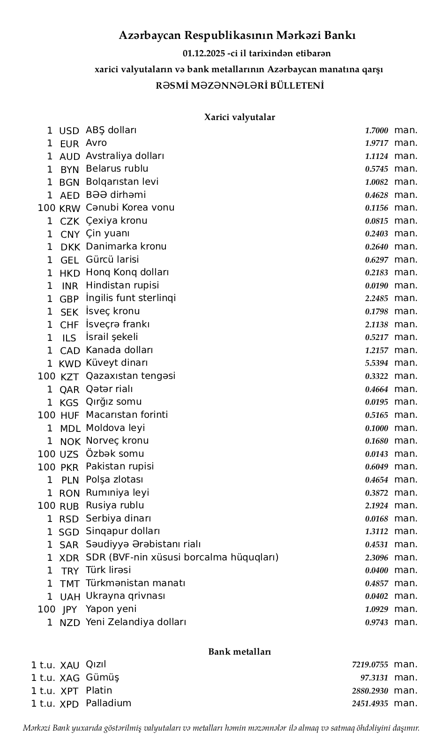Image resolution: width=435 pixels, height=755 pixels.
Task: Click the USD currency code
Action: [x=69, y=131]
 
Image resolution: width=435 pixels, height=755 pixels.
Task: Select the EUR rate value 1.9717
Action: [x=376, y=143]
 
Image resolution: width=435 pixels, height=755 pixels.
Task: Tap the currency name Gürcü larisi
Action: [x=112, y=259]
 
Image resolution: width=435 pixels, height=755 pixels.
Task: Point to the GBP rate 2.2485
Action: [x=376, y=299]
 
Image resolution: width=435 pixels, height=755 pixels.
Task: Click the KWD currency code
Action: [x=70, y=363]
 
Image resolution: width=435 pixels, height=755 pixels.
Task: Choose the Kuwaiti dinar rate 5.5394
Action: [x=376, y=363]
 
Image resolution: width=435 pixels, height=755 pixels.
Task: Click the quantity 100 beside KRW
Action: [x=46, y=208]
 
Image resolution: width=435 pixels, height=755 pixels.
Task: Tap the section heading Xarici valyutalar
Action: [x=239, y=117]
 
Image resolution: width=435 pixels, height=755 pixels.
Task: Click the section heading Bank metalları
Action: [x=239, y=652]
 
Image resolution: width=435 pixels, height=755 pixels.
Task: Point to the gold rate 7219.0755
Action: [x=370, y=665]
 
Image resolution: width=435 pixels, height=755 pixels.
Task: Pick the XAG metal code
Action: [x=70, y=678]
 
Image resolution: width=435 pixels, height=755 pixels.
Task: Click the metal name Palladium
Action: [x=108, y=703]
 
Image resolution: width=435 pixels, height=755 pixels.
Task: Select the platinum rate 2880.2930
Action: [x=370, y=691]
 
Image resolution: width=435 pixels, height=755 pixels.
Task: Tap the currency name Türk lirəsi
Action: [x=108, y=570]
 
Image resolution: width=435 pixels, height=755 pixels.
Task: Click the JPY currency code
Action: [x=70, y=610]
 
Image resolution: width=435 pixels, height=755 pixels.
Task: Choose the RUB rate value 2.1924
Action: [x=376, y=506]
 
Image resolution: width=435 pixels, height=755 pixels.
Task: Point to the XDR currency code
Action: [x=70, y=558]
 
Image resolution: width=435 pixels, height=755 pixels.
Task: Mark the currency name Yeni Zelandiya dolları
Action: [x=135, y=622]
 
